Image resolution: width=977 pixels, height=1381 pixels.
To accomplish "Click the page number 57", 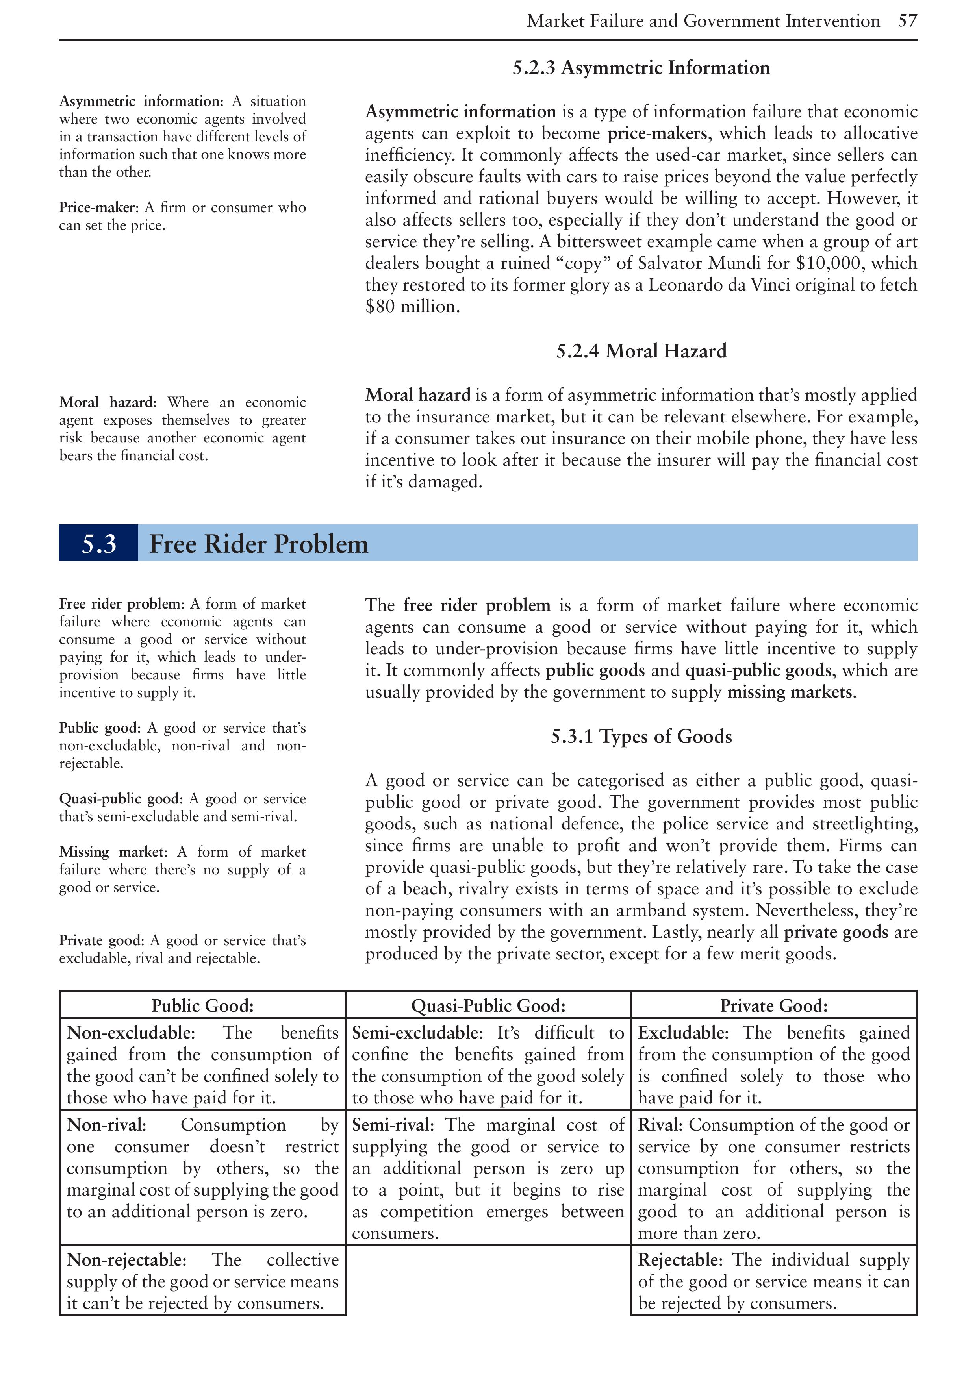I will [x=907, y=21].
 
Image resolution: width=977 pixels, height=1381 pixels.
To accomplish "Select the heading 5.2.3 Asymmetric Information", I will [x=641, y=68].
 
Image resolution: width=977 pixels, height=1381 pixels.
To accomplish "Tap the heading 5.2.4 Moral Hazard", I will [x=641, y=351].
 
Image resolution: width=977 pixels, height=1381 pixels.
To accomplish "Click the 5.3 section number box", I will [x=99, y=543].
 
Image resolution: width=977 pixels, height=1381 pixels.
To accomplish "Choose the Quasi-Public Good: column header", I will [x=488, y=1006].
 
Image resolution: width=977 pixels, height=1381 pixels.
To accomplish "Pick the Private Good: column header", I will [x=774, y=1006].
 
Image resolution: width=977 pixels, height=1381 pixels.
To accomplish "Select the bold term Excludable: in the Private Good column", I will [x=683, y=1033].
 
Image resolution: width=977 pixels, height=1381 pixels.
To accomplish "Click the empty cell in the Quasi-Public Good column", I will [x=488, y=1281].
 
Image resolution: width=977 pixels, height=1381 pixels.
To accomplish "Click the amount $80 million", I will [x=412, y=307].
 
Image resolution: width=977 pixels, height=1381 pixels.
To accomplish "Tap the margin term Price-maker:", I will [x=99, y=207].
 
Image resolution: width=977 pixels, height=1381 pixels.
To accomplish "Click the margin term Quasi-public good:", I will [x=119, y=799].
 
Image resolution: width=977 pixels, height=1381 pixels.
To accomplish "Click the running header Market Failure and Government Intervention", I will [x=703, y=21].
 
